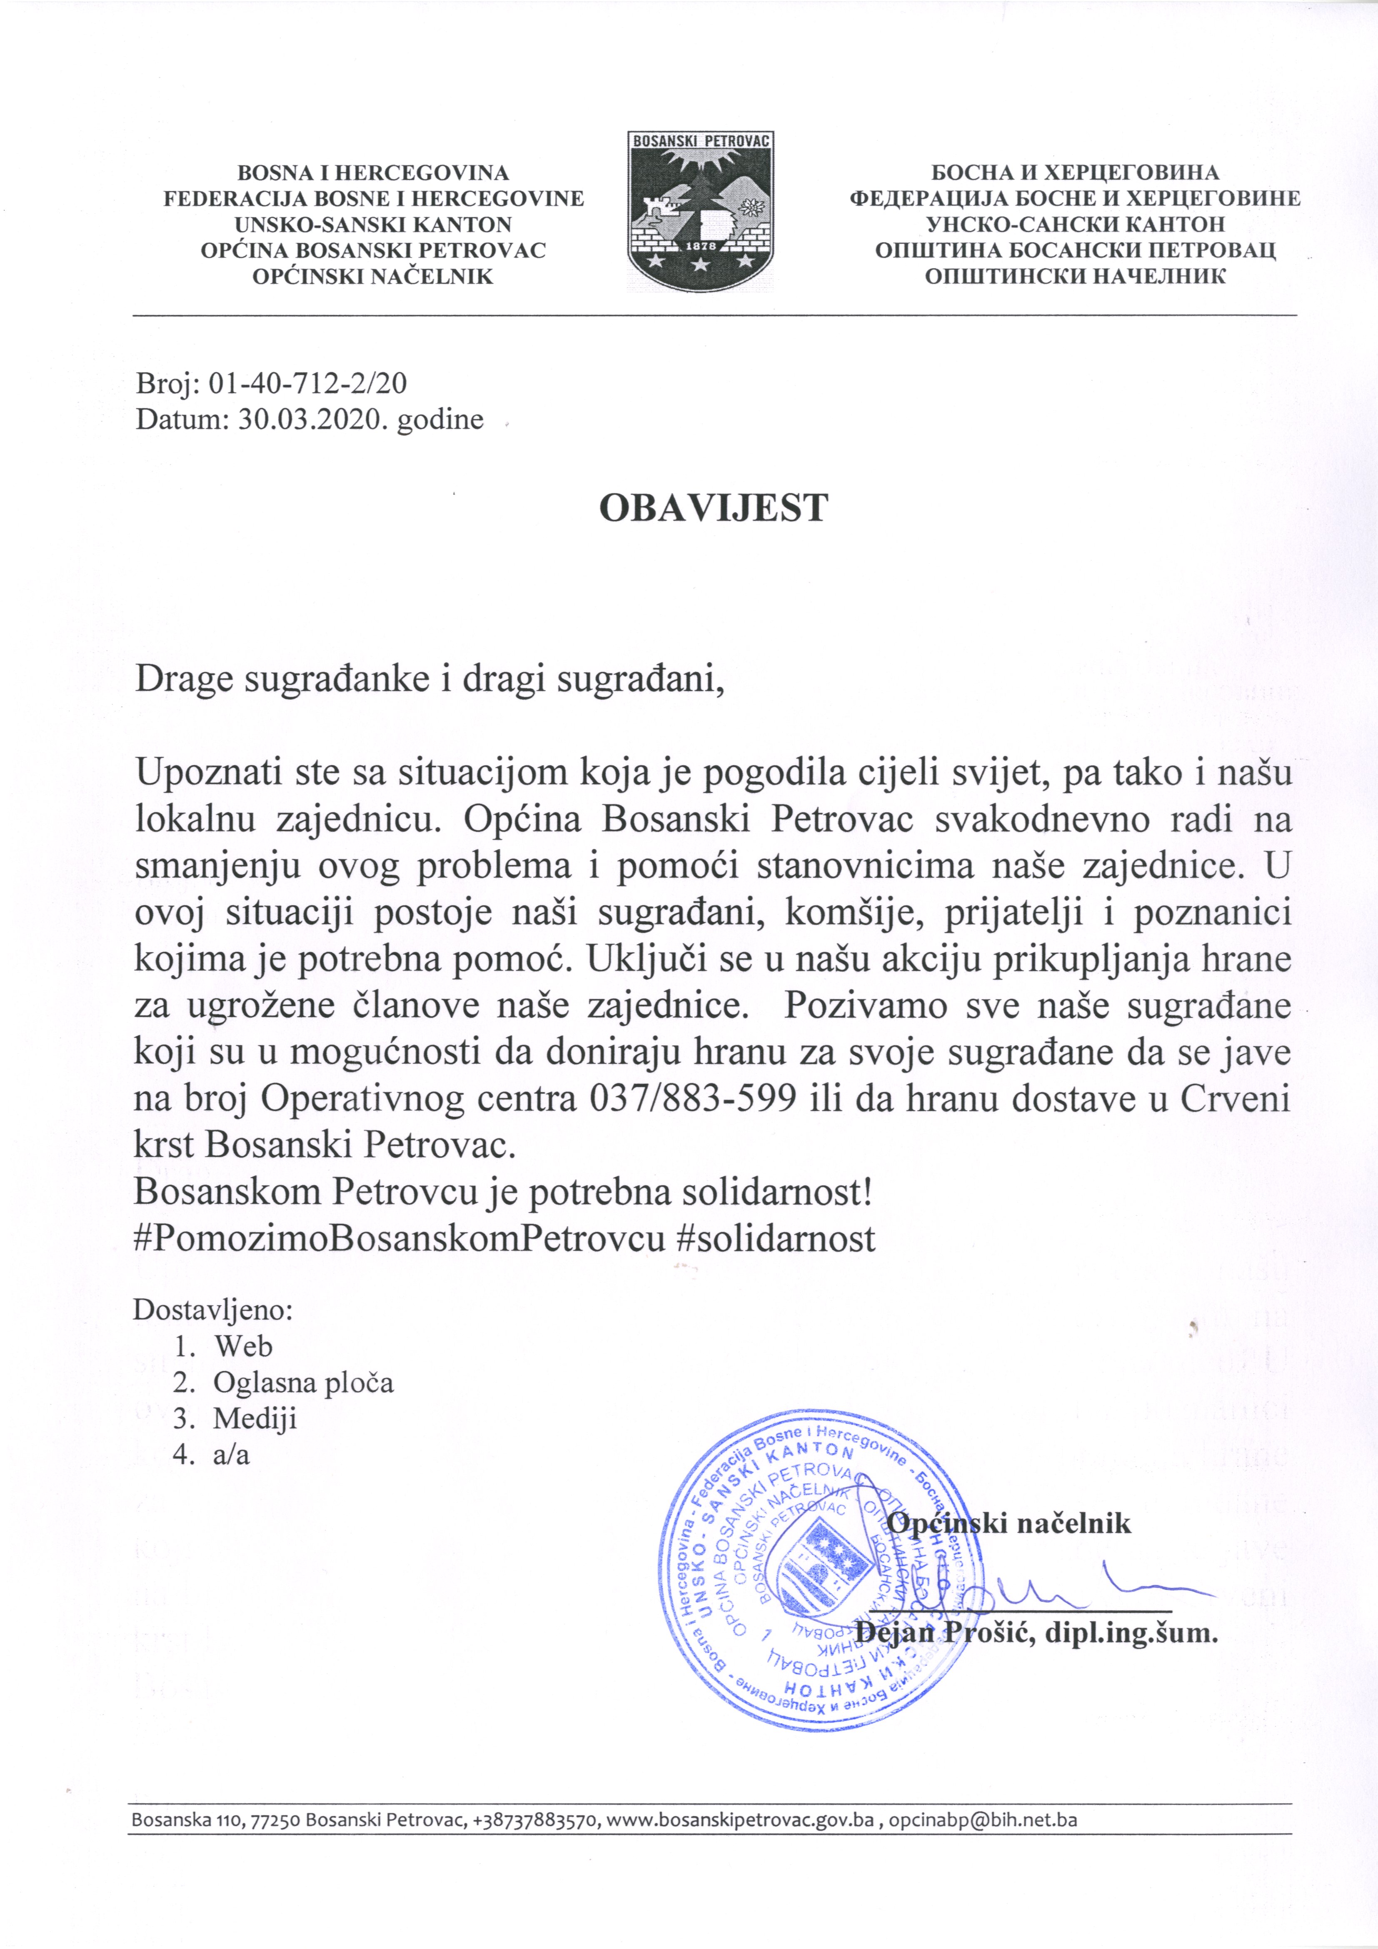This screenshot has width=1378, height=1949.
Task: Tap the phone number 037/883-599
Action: point(692,1099)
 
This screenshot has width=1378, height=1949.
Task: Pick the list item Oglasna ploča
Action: point(303,1383)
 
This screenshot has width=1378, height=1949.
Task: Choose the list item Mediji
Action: point(255,1418)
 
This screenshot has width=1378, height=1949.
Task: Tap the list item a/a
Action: point(231,1455)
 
